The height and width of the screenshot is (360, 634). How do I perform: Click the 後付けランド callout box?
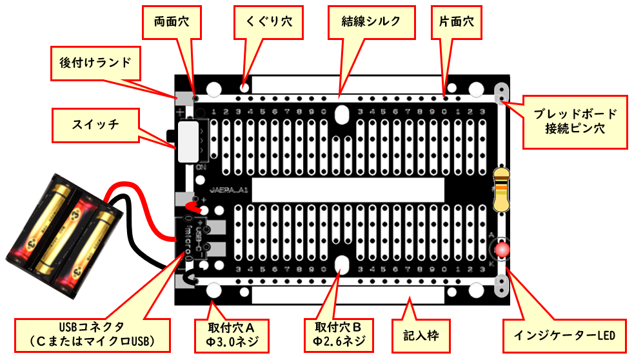[95, 63]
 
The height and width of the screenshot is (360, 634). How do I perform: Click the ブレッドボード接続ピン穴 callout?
[575, 121]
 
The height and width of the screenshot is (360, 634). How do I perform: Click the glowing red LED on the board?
[501, 250]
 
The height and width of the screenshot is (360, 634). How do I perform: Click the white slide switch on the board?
[188, 141]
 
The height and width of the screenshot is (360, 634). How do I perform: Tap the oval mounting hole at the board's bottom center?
[341, 265]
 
